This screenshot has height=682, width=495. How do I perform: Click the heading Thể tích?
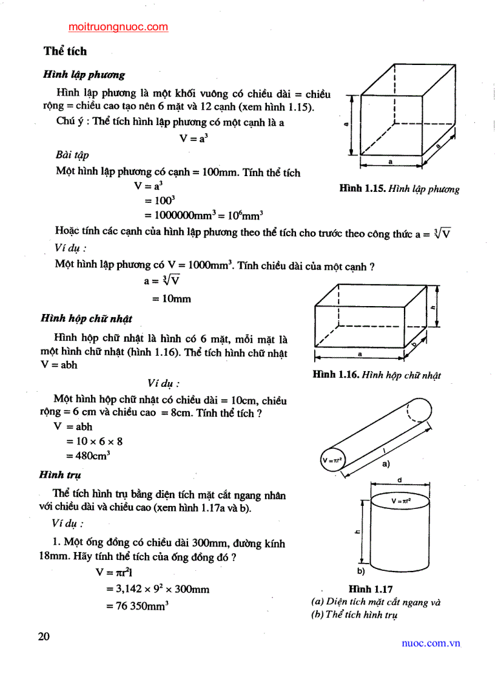click(65, 51)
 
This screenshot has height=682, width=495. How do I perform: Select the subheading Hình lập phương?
click(84, 75)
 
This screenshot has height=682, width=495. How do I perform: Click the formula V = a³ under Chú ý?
click(194, 138)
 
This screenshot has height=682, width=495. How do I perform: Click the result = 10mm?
click(170, 299)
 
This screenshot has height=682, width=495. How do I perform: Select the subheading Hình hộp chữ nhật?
click(86, 318)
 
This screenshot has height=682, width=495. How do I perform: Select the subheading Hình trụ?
click(60, 474)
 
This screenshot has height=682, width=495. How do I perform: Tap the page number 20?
click(44, 636)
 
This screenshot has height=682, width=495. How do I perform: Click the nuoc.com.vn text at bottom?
click(431, 643)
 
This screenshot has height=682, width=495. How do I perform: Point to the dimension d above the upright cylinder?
click(400, 480)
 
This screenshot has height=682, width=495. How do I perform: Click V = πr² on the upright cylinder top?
click(402, 501)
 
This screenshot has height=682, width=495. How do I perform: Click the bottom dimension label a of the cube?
click(390, 162)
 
